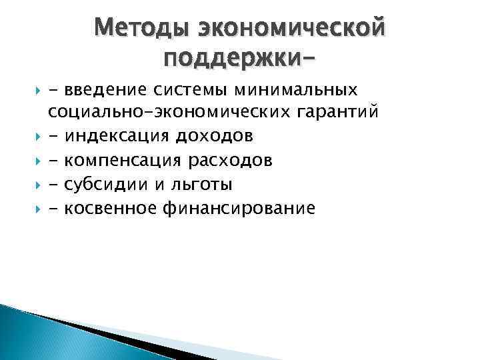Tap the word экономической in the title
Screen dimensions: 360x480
(x=291, y=28)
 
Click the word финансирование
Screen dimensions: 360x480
(x=238, y=209)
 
